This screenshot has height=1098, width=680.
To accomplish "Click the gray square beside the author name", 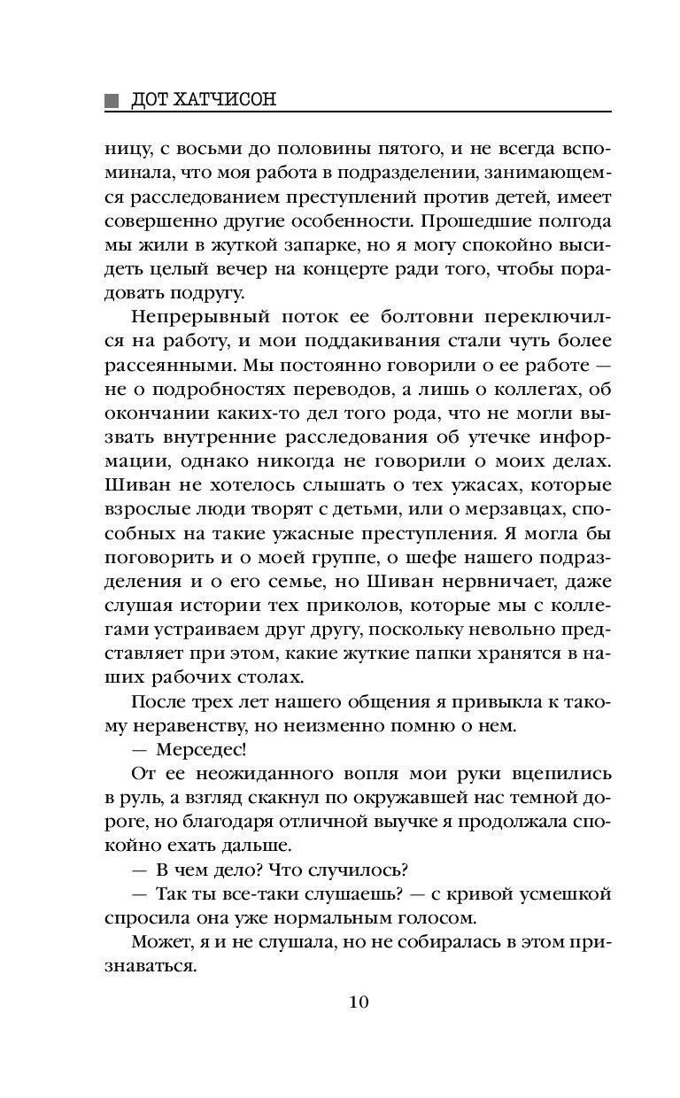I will (110, 100).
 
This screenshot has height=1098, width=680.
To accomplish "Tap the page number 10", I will (358, 1001).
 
